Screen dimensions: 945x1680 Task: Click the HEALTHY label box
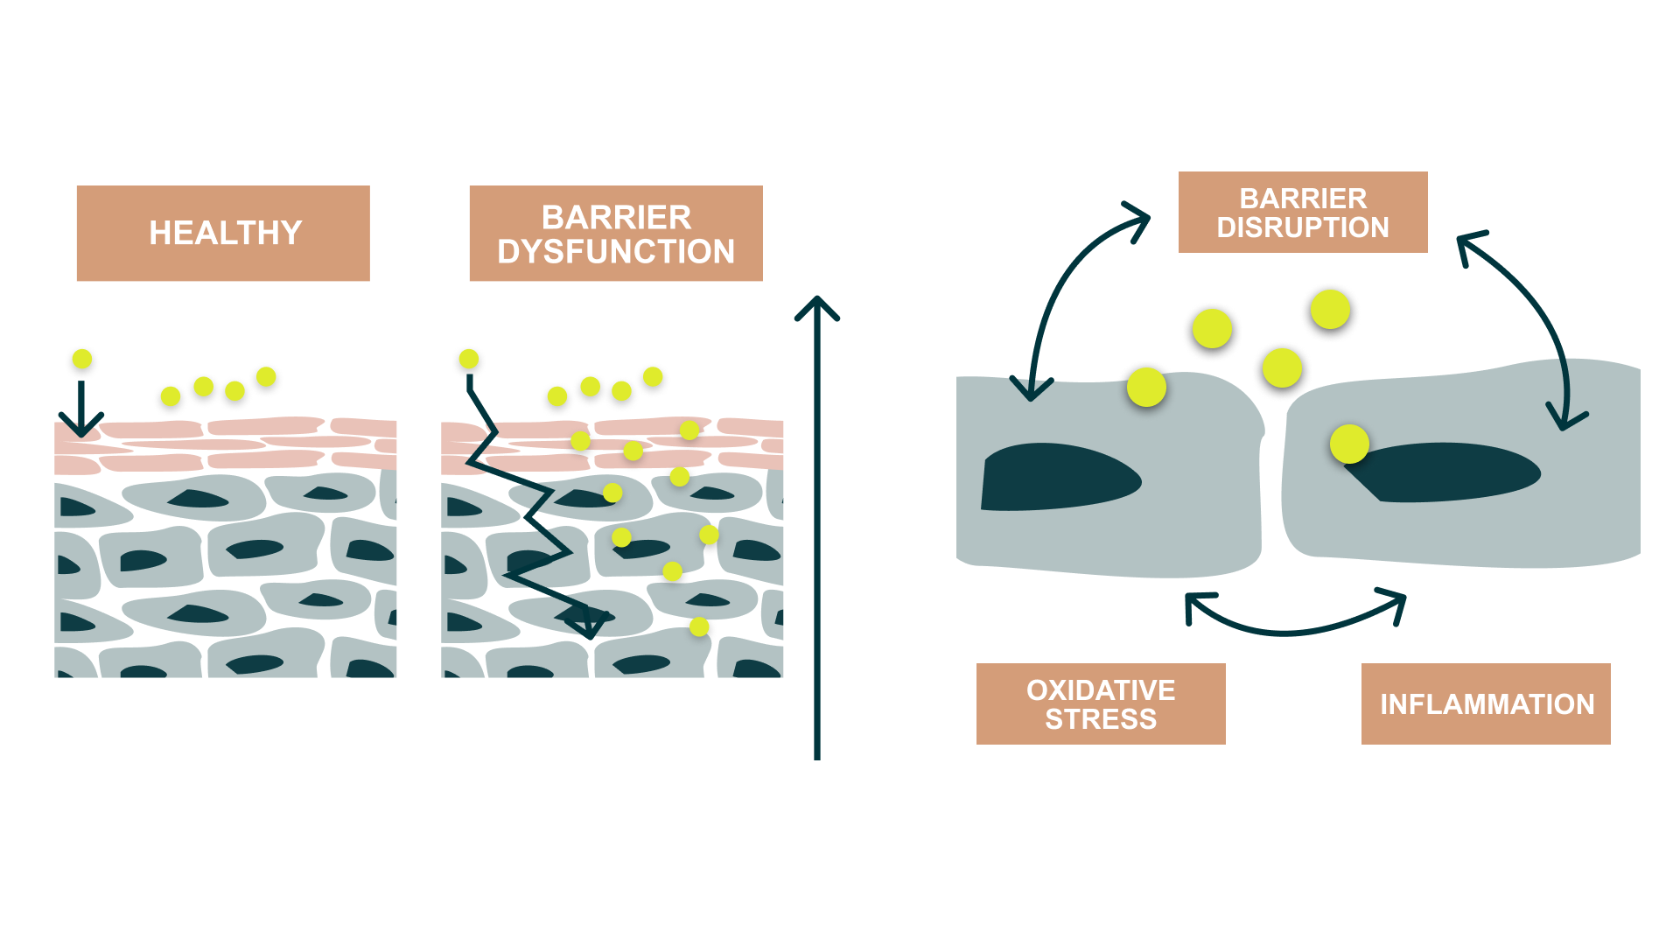coord(223,234)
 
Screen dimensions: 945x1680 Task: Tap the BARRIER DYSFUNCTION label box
coord(615,234)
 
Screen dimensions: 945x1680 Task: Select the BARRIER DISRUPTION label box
coord(1302,213)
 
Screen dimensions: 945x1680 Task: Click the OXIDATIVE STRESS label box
coord(1100,704)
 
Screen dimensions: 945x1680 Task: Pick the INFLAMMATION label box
coord(1485,704)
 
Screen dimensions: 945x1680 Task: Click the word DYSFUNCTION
coord(615,252)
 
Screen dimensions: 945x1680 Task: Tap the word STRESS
coord(1100,719)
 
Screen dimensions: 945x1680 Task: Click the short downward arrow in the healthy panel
coord(81,409)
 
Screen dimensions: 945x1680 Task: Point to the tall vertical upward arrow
coord(816,525)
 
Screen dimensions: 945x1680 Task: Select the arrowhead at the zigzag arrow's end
coord(587,623)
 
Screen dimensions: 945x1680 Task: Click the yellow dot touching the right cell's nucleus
coord(1348,444)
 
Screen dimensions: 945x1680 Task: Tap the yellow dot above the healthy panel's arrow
coord(82,359)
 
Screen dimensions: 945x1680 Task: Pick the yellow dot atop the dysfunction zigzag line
coord(469,359)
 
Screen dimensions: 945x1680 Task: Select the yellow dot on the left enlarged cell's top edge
coord(1146,387)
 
